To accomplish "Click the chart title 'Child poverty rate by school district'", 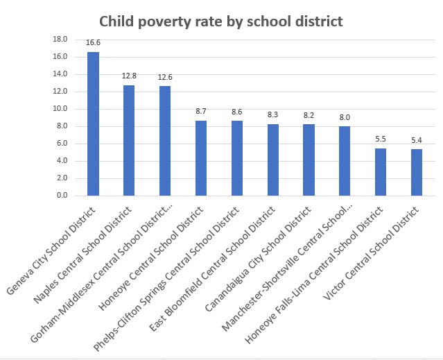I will tap(221, 22).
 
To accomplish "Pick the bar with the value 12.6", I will tap(165, 141).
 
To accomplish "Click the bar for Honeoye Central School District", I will tap(201, 158).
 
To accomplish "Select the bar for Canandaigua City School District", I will tap(309, 160).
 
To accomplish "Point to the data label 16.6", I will tap(93, 43).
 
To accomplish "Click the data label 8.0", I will tap(345, 117).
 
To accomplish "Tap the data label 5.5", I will tap(381, 139).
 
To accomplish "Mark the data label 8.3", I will tap(272, 114).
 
